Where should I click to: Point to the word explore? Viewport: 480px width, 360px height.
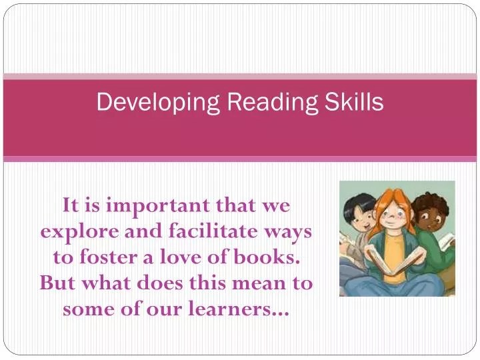71,231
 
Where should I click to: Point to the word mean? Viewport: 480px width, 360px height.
254,283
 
